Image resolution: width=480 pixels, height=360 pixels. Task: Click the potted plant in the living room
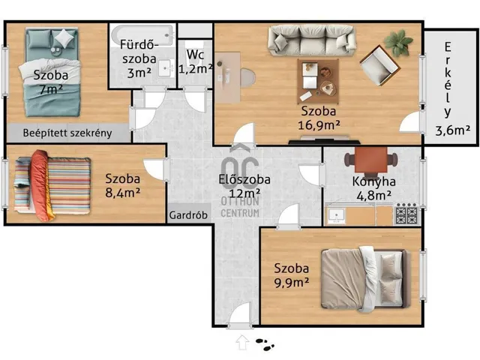pyautogui.click(x=398, y=42)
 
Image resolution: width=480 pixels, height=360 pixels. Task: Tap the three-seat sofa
pyautogui.click(x=312, y=40)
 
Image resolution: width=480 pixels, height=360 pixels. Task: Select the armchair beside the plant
pyautogui.click(x=380, y=66)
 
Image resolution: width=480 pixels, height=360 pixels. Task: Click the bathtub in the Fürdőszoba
pyautogui.click(x=142, y=34)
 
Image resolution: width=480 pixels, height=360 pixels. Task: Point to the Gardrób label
pyautogui.click(x=188, y=215)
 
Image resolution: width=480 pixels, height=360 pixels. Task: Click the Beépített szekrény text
pyautogui.click(x=67, y=133)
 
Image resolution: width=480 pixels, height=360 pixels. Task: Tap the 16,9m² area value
pyautogui.click(x=319, y=125)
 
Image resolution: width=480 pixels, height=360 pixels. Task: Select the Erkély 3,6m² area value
pyautogui.click(x=453, y=130)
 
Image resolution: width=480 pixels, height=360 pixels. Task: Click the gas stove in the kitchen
pyautogui.click(x=406, y=214)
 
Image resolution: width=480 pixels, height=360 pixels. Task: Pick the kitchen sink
pyautogui.click(x=337, y=216)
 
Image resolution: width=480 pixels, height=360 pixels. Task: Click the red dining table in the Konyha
pyautogui.click(x=371, y=160)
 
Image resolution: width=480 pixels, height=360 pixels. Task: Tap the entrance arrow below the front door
pyautogui.click(x=242, y=342)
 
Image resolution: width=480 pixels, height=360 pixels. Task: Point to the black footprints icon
pyautogui.click(x=265, y=344)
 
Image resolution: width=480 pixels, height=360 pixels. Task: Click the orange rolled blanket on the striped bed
pyautogui.click(x=42, y=185)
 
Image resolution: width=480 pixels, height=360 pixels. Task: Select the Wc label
pyautogui.click(x=195, y=55)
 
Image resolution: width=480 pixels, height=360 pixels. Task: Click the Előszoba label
pyautogui.click(x=244, y=180)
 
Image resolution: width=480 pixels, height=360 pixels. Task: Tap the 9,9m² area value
pyautogui.click(x=291, y=283)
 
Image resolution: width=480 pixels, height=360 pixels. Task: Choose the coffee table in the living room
pyautogui.click(x=318, y=82)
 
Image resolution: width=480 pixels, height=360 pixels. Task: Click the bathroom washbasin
pyautogui.click(x=166, y=68)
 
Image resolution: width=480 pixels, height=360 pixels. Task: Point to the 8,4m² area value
pyautogui.click(x=122, y=193)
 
